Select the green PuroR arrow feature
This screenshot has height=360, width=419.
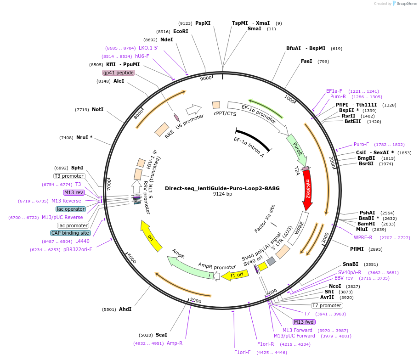pos(296,149)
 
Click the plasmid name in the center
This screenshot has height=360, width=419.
pos(222,188)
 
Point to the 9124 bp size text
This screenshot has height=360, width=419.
pos(222,194)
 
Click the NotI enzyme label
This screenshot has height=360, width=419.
pos(97,109)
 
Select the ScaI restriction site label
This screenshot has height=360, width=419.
pos(161,335)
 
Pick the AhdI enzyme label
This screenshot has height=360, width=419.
pos(125,309)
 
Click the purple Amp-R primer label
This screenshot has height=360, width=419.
pos(175,343)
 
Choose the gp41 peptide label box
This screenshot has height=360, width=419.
pos(119,73)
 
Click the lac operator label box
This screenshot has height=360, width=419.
pos(71,209)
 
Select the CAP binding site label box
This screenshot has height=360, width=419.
pos(70,233)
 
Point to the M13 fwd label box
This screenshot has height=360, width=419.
pos(305,322)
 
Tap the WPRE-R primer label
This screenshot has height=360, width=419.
pos(363,237)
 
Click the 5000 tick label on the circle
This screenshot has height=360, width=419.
pos(196,301)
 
